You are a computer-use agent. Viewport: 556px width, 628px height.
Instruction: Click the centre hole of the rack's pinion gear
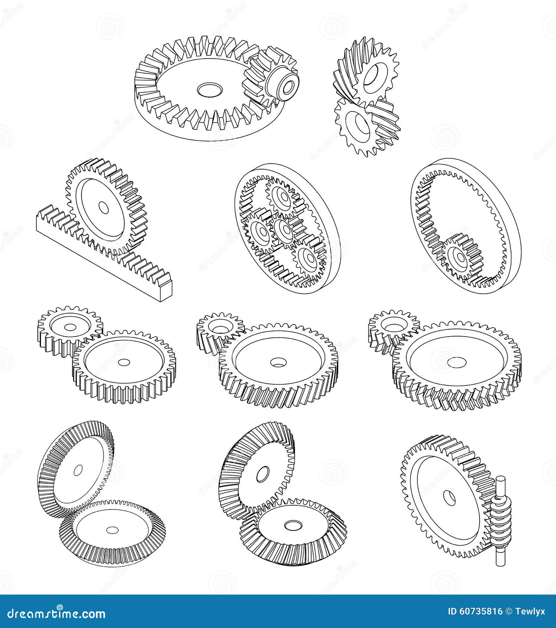click(x=104, y=208)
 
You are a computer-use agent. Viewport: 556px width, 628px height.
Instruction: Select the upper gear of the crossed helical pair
click(x=373, y=76)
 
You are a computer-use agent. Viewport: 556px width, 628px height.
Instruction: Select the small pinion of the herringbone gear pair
click(x=394, y=327)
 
